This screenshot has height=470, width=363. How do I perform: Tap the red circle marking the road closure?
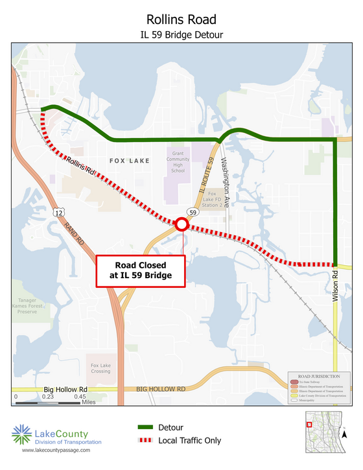coord(182,224)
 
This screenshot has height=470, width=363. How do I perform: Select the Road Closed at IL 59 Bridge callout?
coord(141,270)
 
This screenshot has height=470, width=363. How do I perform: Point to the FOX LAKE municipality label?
coord(129,161)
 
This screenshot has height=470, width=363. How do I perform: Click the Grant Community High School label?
coord(178,161)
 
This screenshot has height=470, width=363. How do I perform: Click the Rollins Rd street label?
coord(80,169)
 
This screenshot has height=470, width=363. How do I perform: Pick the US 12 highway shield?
coord(59,212)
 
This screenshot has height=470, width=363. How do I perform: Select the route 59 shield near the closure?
coord(193,212)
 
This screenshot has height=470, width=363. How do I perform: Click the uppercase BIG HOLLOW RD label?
coord(161,389)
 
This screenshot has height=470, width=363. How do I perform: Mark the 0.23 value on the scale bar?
coord(47,396)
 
